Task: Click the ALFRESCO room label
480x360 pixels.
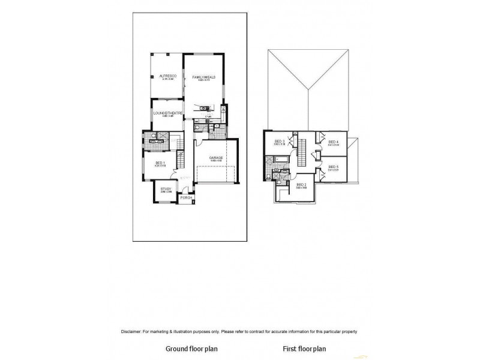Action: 166,76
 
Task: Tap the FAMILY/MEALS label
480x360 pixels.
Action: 204,77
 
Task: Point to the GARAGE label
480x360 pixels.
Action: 216,158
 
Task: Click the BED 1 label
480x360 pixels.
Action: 160,163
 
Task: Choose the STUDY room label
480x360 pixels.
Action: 166,189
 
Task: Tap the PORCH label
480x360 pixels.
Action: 186,197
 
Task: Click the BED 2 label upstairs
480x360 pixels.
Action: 301,184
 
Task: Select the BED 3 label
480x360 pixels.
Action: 279,142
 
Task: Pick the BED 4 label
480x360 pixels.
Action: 334,142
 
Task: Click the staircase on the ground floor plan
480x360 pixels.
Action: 179,161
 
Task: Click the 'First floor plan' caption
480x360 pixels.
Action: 304,348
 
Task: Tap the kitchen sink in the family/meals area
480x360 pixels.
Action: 203,108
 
